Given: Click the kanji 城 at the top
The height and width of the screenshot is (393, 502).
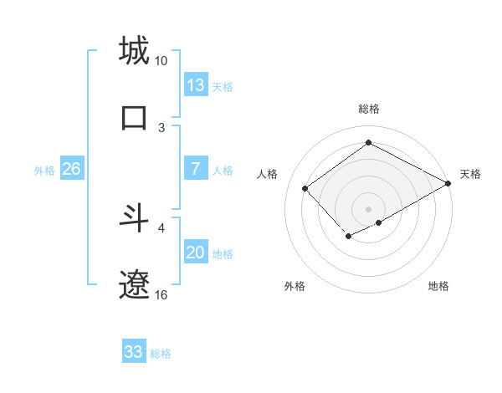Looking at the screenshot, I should tap(134, 51).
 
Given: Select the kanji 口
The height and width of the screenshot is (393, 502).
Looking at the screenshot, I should tap(134, 117).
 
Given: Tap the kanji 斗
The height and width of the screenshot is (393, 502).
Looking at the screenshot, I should tap(134, 218).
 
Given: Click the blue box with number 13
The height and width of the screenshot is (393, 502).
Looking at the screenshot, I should tap(196, 85).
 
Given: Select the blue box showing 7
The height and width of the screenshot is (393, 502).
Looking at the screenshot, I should tap(196, 169).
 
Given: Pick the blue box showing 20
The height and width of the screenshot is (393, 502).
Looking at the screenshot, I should tap(196, 253).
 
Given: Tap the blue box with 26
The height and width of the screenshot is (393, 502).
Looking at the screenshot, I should tap(71, 169).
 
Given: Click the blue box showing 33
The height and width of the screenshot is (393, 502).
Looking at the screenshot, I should tap(134, 352).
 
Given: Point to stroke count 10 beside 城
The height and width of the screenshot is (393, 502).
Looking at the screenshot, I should tap(161, 61).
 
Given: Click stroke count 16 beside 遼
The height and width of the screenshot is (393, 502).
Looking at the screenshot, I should tap(161, 295).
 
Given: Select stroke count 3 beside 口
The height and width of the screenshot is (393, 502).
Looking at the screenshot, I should tap(161, 127).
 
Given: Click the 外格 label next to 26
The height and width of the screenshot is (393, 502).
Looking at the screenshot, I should tap(44, 170).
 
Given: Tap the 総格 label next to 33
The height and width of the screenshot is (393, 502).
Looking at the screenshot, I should tap(161, 353).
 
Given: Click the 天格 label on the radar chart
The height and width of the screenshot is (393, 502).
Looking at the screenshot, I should tap(470, 174).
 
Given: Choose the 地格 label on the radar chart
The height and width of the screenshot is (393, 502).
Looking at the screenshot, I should tap(438, 286).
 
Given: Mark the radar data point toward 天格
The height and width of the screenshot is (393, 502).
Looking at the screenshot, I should tap(448, 183).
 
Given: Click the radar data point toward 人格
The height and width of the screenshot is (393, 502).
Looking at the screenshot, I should tap(305, 188).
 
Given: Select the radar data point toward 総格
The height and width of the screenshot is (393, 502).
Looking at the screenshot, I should tap(368, 143).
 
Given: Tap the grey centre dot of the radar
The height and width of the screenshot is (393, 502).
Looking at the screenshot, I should tap(368, 207).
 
